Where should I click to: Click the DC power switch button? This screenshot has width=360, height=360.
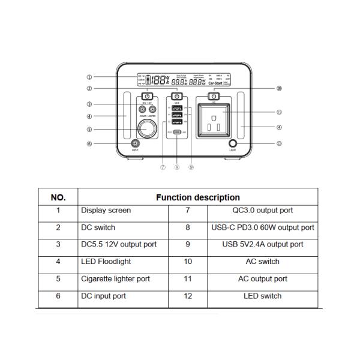[146, 96]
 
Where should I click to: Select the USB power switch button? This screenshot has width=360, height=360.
[177, 96]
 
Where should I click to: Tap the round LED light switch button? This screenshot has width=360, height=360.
[233, 144]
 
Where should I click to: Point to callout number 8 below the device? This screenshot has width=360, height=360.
[176, 168]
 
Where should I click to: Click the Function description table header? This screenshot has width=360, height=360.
[198, 197]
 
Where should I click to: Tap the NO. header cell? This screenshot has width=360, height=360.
[58, 197]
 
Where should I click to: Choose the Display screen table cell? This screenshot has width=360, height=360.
[106, 211]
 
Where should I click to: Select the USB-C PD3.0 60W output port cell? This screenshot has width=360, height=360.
[262, 227]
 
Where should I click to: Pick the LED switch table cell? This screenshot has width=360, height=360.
[262, 296]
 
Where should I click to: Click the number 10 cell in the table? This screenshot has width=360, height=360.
[188, 262]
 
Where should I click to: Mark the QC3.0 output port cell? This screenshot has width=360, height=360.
[262, 211]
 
